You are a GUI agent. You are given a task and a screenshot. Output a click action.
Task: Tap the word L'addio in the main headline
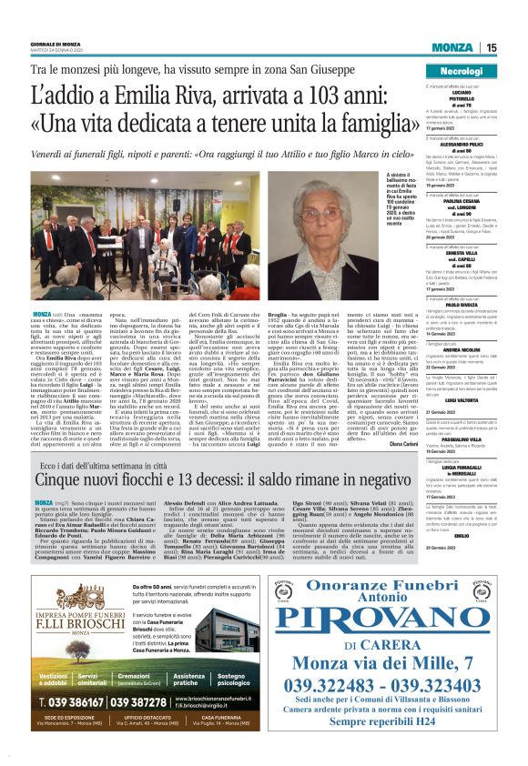(x=59, y=95)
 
